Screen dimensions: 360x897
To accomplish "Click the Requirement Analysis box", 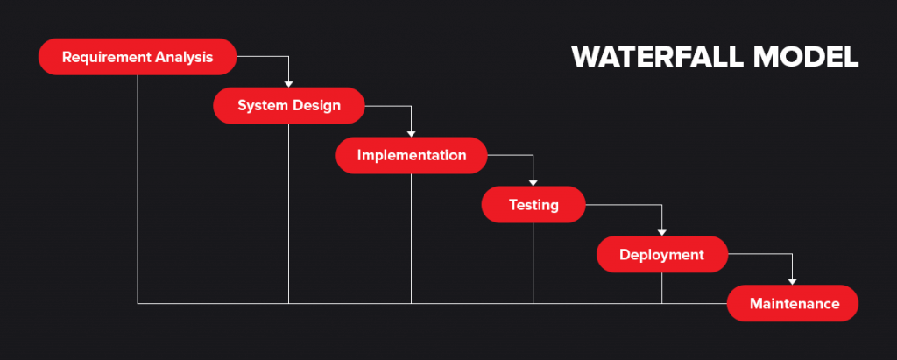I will pyautogui.click(x=138, y=57).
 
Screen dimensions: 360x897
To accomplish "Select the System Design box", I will pyautogui.click(x=288, y=106).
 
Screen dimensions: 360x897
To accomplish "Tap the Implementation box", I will pyautogui.click(x=411, y=155).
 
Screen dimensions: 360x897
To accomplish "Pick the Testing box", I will pyautogui.click(x=533, y=205).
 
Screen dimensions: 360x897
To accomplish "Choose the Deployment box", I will pyautogui.click(x=661, y=255).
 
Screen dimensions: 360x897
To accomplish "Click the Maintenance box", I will pyautogui.click(x=793, y=304).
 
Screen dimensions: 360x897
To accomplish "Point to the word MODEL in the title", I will pyautogui.click(x=810, y=57).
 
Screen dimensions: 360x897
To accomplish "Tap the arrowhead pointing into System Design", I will pyautogui.click(x=288, y=84).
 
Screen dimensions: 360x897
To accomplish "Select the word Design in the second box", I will pyautogui.click(x=315, y=106).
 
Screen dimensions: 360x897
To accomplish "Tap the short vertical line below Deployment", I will pyautogui.click(x=661, y=287).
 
